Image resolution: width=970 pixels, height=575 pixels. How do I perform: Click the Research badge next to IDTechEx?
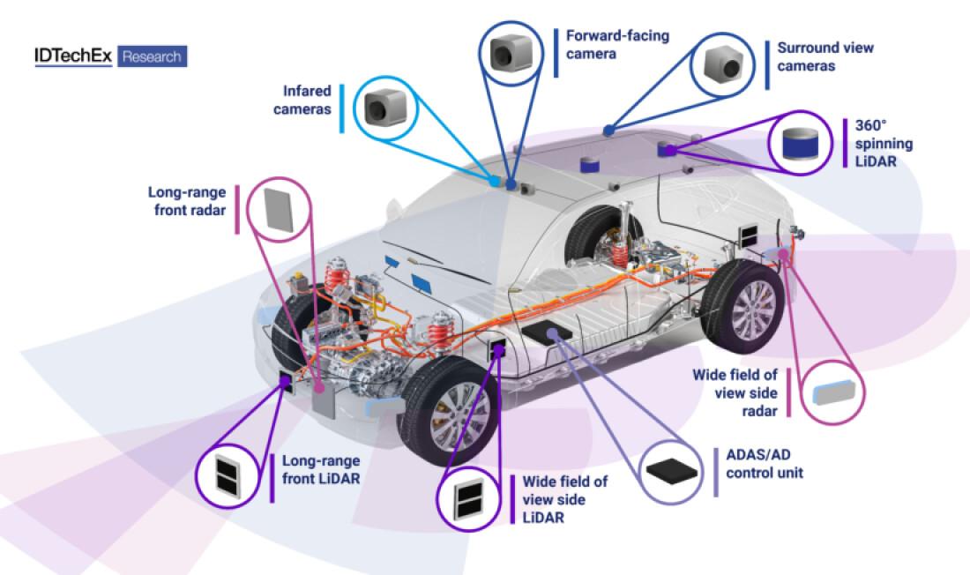click(x=152, y=57)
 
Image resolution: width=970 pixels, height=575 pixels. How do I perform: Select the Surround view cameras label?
click(x=824, y=56)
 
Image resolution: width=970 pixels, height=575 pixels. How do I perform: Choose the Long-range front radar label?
click(x=188, y=201)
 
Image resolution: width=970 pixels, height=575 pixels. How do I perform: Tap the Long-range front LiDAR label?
click(x=321, y=468)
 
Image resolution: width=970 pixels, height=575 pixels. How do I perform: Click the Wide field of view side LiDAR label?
click(x=565, y=499)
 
